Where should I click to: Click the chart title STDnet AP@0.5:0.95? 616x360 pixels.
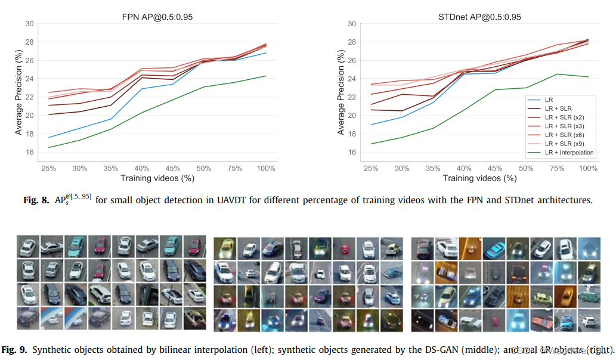click(475, 17)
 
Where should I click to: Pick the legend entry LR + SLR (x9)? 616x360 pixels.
click(564, 144)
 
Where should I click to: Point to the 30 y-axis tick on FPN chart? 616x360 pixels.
click(29, 24)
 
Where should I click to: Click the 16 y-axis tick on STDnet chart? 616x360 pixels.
click(351, 153)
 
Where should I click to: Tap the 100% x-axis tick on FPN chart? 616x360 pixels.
click(266, 169)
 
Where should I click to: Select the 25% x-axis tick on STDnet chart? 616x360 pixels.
click(370, 169)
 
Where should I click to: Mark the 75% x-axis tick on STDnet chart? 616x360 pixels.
click(557, 169)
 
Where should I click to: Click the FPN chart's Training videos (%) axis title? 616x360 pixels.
click(157, 178)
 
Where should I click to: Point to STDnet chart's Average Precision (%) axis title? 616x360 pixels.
click(340, 92)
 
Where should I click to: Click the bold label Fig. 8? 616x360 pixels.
click(36, 200)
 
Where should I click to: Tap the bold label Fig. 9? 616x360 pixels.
click(16, 349)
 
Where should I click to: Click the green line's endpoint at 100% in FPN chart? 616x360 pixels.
click(266, 76)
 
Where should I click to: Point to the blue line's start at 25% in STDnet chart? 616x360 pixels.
click(370, 125)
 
